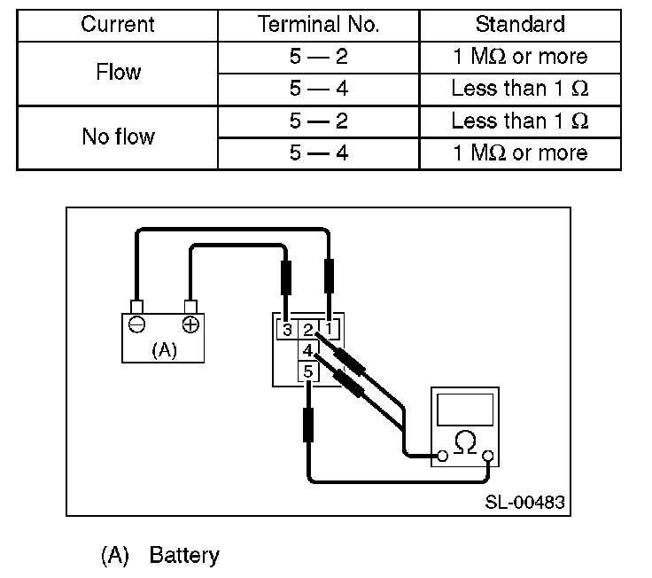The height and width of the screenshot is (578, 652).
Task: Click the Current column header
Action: (118, 24)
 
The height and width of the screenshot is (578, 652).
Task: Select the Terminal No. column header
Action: (319, 24)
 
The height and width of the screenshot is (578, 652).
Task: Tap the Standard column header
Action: (520, 24)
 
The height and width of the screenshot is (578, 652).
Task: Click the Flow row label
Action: (119, 72)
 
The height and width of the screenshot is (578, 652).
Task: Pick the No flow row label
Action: (119, 137)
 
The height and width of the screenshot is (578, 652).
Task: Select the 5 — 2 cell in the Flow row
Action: (319, 56)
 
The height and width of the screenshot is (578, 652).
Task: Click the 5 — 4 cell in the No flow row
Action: (319, 153)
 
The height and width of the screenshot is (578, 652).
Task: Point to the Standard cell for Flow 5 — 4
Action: (520, 89)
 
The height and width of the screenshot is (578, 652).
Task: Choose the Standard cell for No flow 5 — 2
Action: (520, 121)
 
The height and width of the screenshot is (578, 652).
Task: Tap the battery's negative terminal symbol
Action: (136, 324)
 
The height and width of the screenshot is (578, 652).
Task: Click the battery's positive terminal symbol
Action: (190, 324)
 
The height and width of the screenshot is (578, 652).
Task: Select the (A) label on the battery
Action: (164, 350)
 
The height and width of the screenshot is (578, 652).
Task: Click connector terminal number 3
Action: (287, 330)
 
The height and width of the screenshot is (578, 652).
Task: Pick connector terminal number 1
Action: (329, 329)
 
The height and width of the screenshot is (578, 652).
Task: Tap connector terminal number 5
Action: (308, 371)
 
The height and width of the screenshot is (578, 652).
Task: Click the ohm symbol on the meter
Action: (465, 442)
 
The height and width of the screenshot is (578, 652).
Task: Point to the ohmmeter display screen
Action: (465, 410)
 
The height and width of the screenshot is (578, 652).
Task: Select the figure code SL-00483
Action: (524, 503)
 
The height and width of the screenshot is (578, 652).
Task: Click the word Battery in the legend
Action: (184, 556)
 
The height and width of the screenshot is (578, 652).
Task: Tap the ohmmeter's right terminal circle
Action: (488, 456)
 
